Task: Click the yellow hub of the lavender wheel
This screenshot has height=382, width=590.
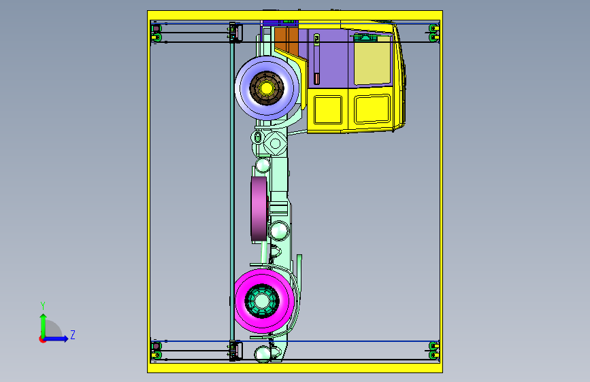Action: pos(266,88)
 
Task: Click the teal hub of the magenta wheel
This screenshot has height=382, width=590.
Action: pos(262,301)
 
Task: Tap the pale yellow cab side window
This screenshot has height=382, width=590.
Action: pos(372,60)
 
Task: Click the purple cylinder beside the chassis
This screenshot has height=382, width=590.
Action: pos(259,209)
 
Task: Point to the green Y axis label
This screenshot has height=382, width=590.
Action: pos(43,306)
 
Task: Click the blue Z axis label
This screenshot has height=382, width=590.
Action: pos(73,334)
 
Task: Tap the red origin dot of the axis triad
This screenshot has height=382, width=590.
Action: pos(42,339)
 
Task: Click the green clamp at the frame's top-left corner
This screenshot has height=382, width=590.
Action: pos(156,33)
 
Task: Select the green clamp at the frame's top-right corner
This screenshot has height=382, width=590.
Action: pos(434,33)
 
